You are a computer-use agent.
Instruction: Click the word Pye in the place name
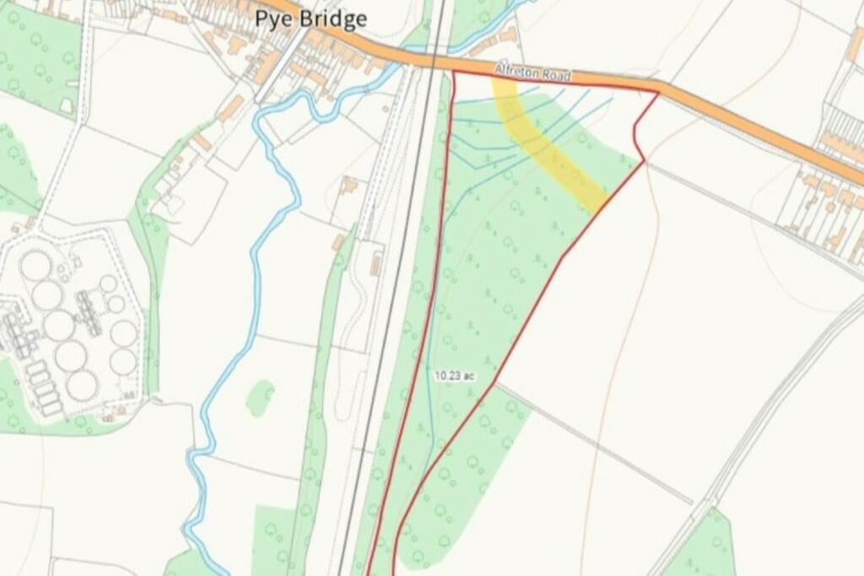click(x=274, y=19)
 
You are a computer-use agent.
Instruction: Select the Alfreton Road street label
click(x=533, y=74)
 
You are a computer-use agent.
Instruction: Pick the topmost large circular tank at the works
click(x=36, y=265)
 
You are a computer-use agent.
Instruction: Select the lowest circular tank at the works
click(x=82, y=385)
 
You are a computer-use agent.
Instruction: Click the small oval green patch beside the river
click(x=260, y=397)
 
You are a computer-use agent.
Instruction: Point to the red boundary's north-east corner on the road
click(x=657, y=92)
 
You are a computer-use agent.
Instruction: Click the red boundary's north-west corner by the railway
click(x=454, y=73)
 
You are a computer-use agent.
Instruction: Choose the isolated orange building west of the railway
click(x=348, y=185)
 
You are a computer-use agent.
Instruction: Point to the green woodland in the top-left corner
click(x=34, y=59)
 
